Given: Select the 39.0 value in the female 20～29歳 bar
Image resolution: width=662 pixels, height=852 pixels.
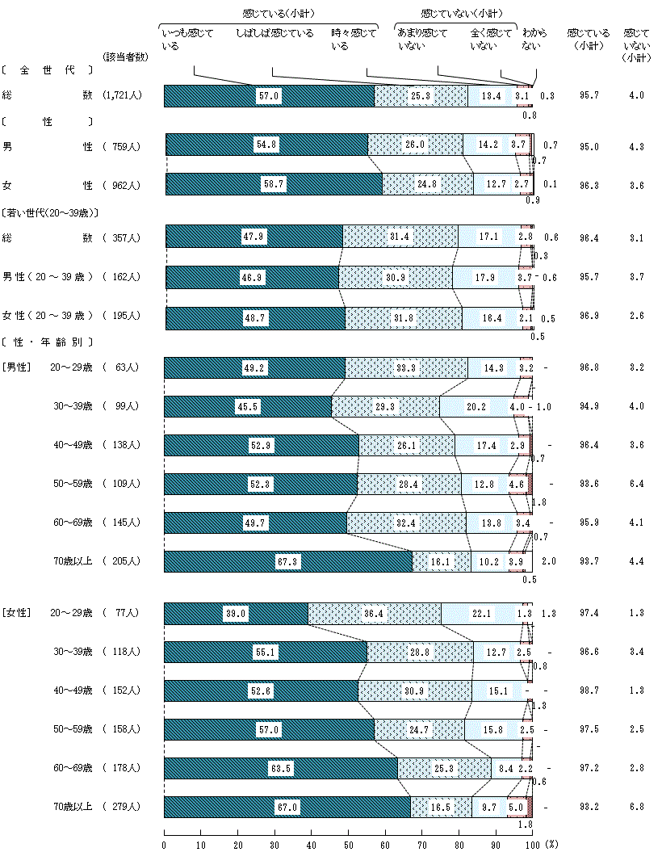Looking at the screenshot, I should (x=235, y=614).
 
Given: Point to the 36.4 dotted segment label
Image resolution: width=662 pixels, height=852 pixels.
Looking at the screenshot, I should (x=374, y=614).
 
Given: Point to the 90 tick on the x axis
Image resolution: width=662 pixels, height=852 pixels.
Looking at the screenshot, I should (x=496, y=844).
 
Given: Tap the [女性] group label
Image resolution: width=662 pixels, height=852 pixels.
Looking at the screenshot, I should (x=16, y=613).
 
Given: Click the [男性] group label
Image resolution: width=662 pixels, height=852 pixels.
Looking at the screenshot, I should (x=16, y=367).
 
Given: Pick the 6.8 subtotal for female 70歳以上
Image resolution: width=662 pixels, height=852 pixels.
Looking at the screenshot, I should (x=635, y=807).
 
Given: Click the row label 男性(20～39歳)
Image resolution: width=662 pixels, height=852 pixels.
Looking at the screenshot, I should (x=48, y=277).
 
